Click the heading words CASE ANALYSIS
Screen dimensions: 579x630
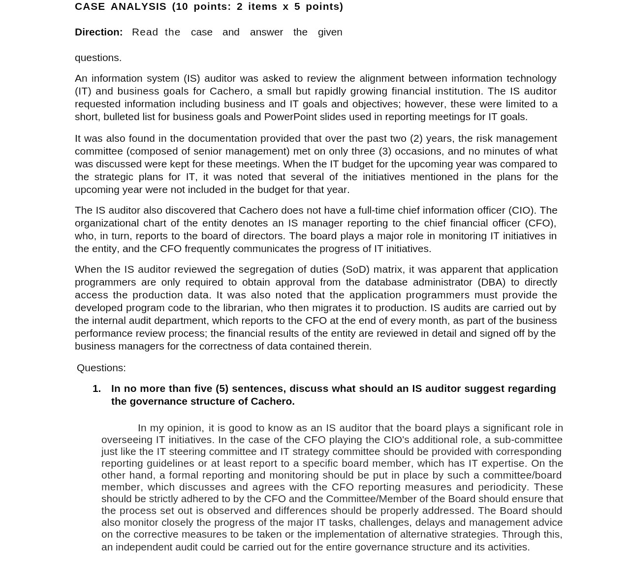click(x=121, y=6)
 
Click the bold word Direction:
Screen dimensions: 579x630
click(x=98, y=32)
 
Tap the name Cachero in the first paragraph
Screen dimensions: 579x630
click(x=229, y=91)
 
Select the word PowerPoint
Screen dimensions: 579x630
click(x=290, y=117)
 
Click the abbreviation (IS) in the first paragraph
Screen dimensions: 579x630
click(x=191, y=78)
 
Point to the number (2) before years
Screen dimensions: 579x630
click(x=416, y=138)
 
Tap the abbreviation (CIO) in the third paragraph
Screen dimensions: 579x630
click(x=522, y=210)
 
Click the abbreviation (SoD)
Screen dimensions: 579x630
click(x=355, y=269)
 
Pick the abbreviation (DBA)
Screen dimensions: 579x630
click(x=491, y=282)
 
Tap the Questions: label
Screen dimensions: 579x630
click(x=101, y=368)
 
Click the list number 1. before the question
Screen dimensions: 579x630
click(x=96, y=388)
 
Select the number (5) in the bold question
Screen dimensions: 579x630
click(x=221, y=388)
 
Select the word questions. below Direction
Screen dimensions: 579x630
click(x=98, y=58)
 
